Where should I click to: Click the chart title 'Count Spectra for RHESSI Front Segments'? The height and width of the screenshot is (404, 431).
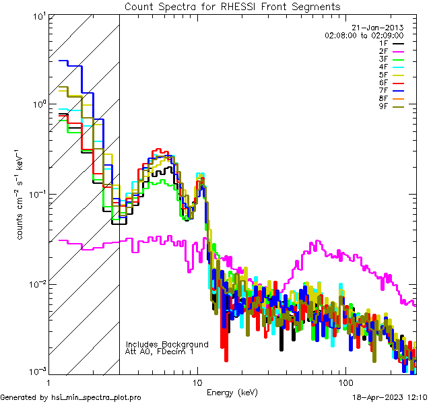[232, 6]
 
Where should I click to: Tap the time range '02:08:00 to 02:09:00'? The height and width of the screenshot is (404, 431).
[364, 35]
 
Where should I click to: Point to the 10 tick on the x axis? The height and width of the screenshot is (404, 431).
[197, 382]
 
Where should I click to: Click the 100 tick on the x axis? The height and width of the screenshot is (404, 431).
[345, 382]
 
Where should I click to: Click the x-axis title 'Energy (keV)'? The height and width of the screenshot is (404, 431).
[231, 392]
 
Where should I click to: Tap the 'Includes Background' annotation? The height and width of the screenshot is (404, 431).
[167, 344]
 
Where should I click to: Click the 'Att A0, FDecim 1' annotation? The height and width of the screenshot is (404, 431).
[160, 351]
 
